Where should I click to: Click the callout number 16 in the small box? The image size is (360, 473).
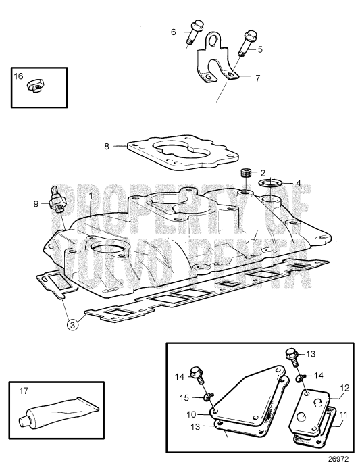(18, 76)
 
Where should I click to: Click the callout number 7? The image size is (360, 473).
(257, 78)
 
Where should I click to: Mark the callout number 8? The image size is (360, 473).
(107, 145)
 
